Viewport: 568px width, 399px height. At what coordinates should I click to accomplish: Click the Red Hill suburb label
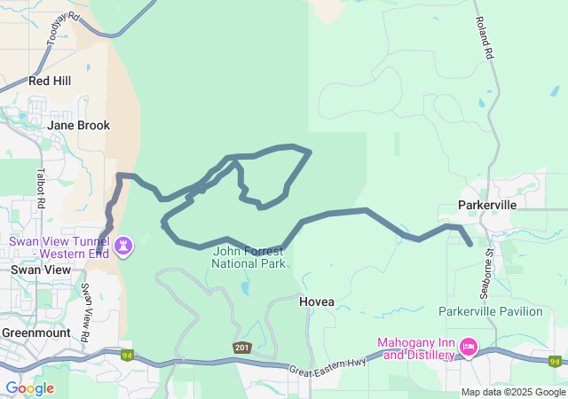pos(49,81)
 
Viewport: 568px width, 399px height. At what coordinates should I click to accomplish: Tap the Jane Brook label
pos(78,125)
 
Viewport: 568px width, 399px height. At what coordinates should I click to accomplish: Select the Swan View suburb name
pos(33,269)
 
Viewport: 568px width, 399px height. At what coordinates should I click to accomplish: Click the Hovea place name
pos(317,301)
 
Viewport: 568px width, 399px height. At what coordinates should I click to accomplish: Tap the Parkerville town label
pos(486,205)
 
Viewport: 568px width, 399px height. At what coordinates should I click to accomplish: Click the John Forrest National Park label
pos(249,257)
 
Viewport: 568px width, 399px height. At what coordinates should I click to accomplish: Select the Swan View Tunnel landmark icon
pos(124,243)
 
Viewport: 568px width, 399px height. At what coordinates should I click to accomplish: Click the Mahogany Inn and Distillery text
pos(415,348)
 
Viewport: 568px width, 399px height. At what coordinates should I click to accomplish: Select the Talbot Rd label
pos(42,189)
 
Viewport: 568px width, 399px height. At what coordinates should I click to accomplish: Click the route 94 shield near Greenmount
pos(127,356)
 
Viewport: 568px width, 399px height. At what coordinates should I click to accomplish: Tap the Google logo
pos(29,388)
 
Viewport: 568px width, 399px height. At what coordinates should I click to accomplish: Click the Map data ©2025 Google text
pos(513,392)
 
